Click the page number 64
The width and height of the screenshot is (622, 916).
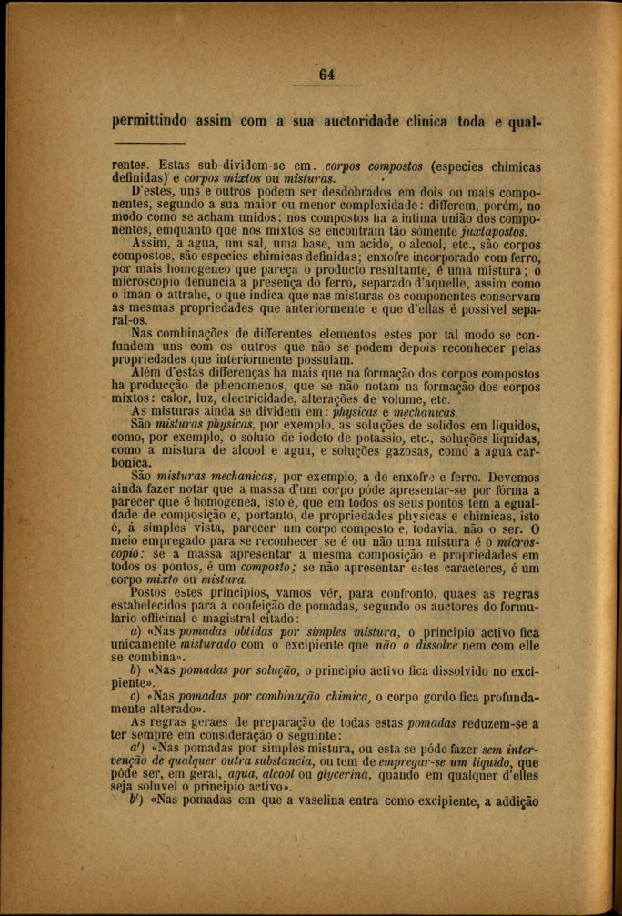coord(327,75)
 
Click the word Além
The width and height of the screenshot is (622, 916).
coord(149,374)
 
